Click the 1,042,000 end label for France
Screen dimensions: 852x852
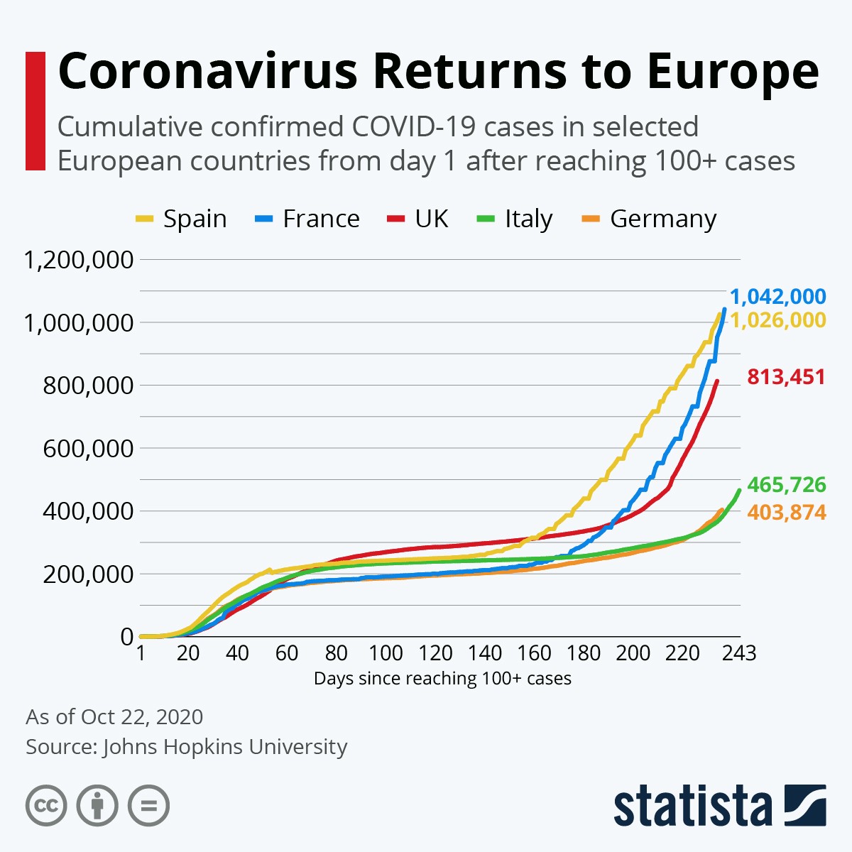click(778, 297)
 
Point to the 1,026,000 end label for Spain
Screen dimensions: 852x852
click(778, 320)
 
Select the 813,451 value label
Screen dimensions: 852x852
click(786, 376)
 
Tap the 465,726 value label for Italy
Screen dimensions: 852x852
click(786, 485)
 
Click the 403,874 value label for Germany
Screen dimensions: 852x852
click(786, 512)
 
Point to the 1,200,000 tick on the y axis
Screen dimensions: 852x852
click(79, 260)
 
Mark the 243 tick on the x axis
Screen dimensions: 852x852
click(739, 652)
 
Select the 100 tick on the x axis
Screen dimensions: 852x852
click(386, 652)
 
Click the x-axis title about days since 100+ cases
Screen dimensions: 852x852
click(442, 679)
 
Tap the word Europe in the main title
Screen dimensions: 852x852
click(733, 71)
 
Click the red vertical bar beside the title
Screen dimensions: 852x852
click(35, 111)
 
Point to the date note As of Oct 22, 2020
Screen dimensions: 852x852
click(114, 717)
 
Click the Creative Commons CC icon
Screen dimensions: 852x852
click(46, 806)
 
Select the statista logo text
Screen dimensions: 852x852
click(692, 806)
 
